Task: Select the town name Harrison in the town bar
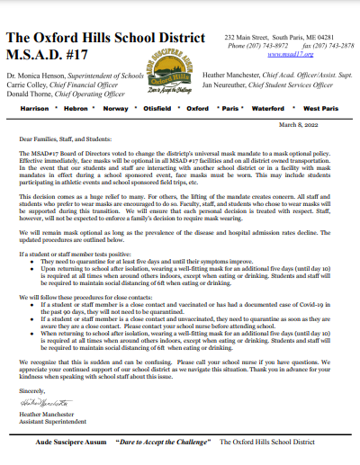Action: click(35, 107)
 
